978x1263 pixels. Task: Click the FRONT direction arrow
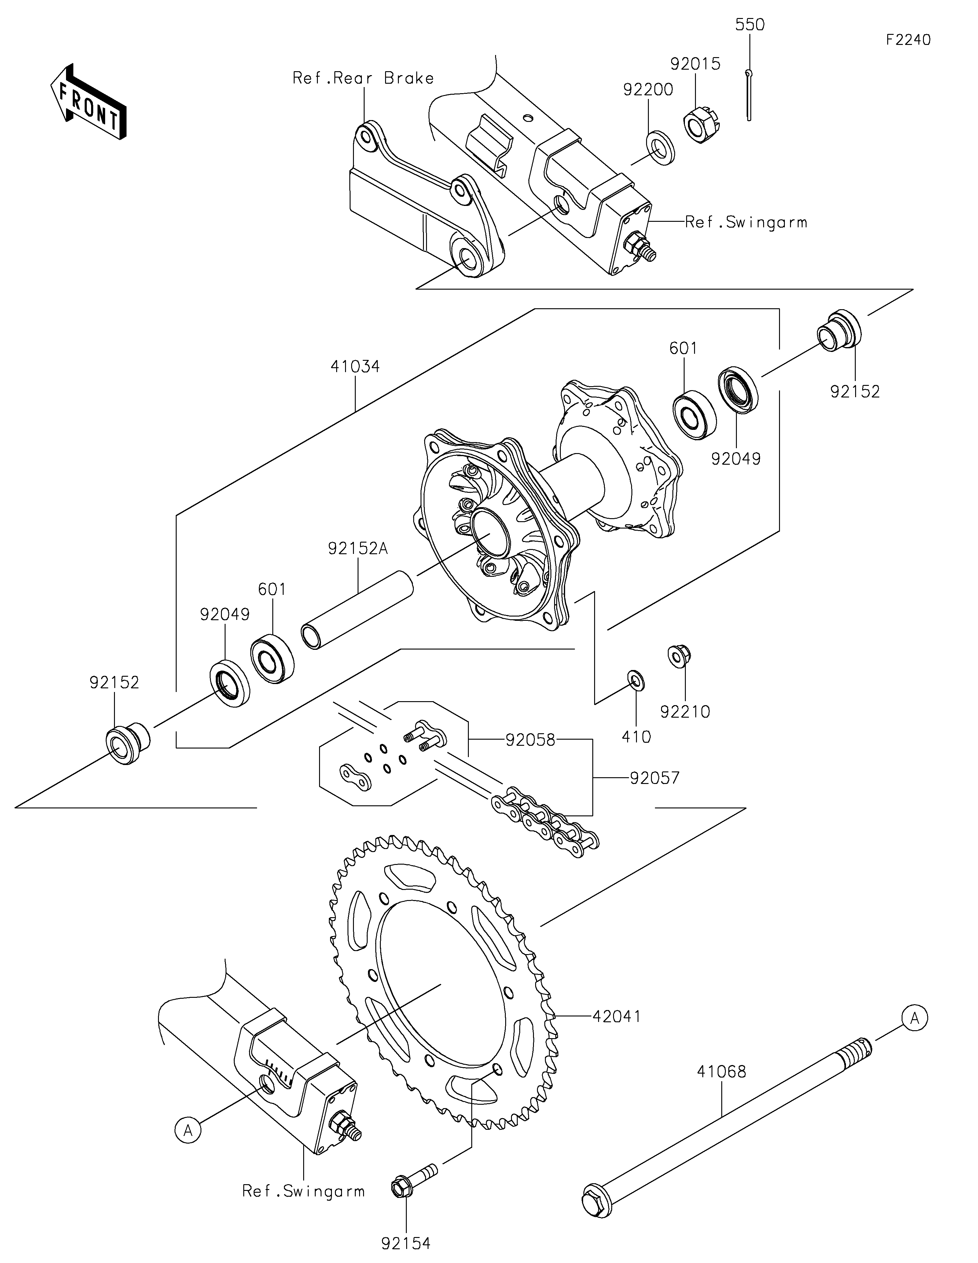point(88,101)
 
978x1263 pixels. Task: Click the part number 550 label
point(750,25)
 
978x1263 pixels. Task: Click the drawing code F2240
point(908,40)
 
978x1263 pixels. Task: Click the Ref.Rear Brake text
point(363,78)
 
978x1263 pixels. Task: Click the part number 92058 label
point(530,740)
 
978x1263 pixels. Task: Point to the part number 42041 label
point(616,1016)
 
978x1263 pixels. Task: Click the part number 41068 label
point(721,1071)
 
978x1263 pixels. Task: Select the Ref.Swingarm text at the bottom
point(303,1191)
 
